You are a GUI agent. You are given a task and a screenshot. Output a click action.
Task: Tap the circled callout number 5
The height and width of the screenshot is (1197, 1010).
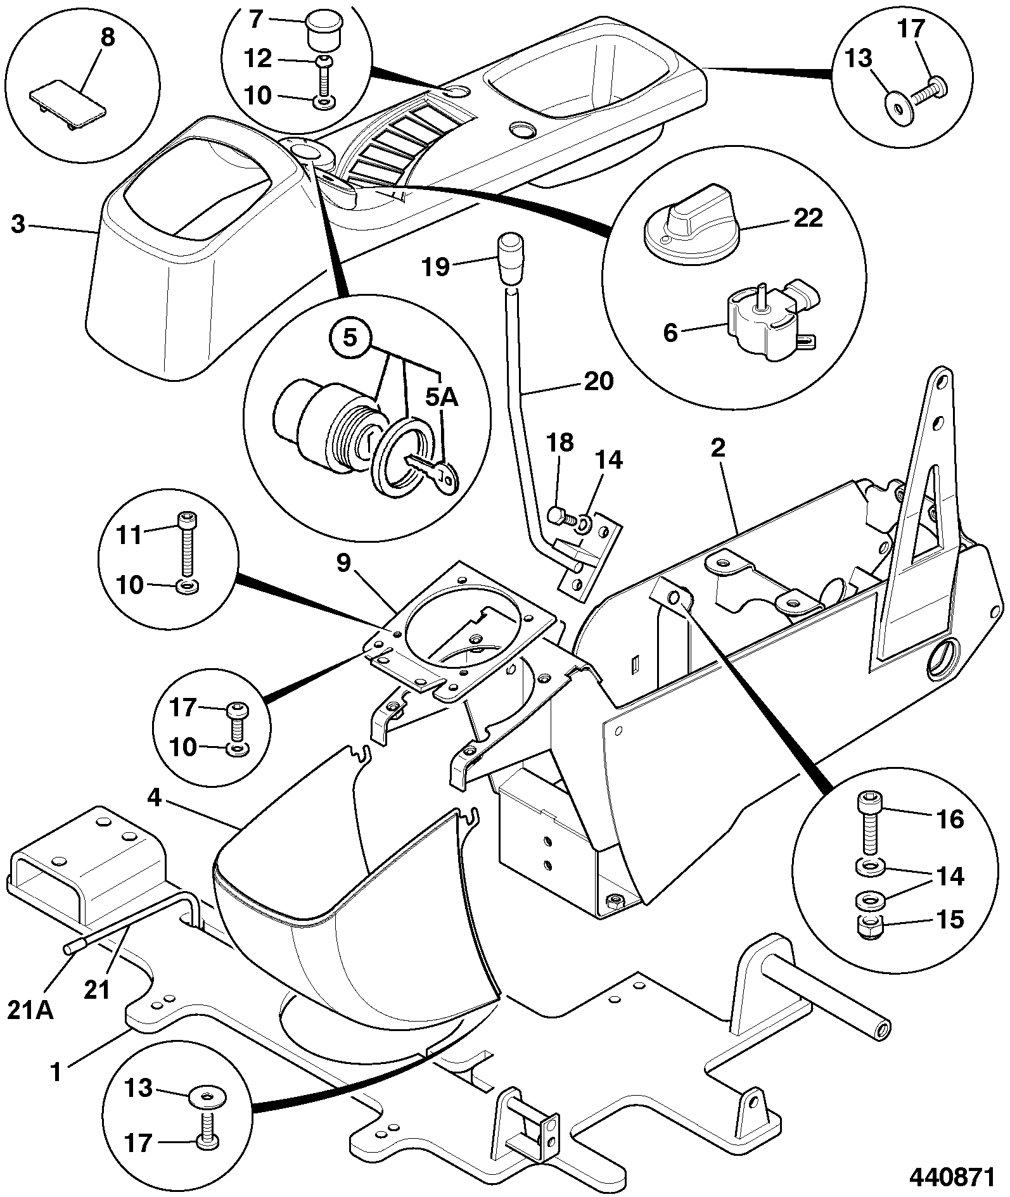pos(350,338)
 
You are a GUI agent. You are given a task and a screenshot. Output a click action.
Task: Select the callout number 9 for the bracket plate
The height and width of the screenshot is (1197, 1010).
pos(343,562)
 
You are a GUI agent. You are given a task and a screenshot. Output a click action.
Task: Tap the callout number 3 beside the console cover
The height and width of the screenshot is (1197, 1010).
pos(18,224)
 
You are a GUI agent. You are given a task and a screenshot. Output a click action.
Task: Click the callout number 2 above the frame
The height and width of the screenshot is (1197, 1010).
pos(718,448)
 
